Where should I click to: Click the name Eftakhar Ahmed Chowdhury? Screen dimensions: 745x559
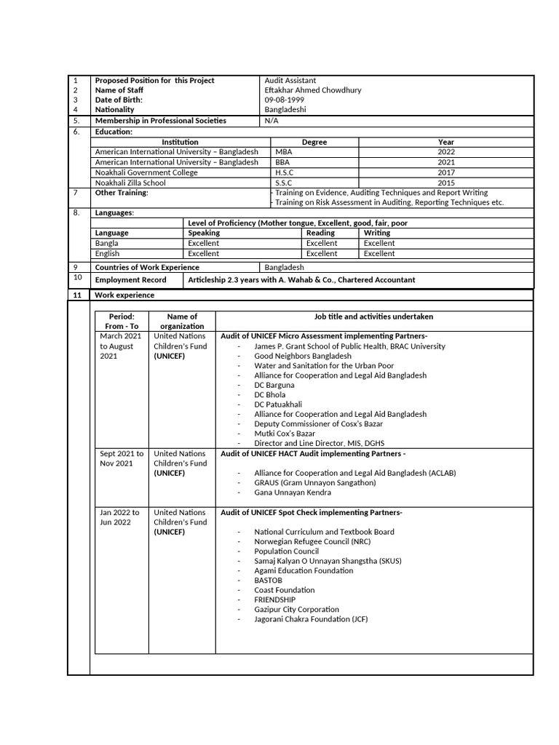(x=313, y=90)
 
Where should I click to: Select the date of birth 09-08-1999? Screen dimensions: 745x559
(x=284, y=100)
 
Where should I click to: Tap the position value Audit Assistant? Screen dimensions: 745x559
(x=290, y=81)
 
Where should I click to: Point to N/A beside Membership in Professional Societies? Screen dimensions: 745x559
(x=271, y=121)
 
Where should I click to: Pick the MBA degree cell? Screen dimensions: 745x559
(x=282, y=152)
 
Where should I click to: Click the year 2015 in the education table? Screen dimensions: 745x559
(x=446, y=183)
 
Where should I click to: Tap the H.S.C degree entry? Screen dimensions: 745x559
(x=285, y=173)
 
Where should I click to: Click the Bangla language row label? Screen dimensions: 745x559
(x=106, y=243)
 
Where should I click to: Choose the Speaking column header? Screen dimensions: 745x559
(x=204, y=233)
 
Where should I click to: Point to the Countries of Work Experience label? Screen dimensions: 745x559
(x=147, y=268)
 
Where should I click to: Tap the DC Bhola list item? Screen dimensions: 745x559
(x=270, y=394)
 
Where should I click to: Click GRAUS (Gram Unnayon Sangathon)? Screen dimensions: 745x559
(x=315, y=482)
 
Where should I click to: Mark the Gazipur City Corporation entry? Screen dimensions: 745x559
(x=296, y=610)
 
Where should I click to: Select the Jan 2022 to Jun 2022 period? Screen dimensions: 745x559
(x=119, y=517)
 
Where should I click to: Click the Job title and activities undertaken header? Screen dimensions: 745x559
(x=373, y=317)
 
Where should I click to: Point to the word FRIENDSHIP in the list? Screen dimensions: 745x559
(x=275, y=599)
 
